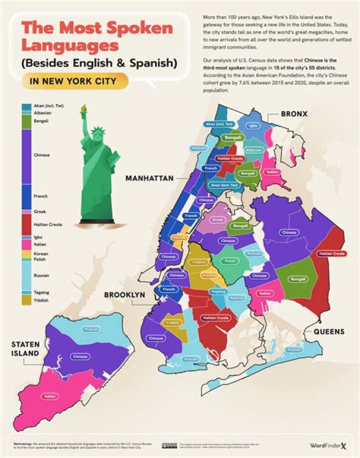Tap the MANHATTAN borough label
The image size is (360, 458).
click(149, 178)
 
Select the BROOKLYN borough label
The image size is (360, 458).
click(124, 295)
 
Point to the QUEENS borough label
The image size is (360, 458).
click(328, 332)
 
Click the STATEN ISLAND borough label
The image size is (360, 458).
click(26, 349)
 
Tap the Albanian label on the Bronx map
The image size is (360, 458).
click(253, 150)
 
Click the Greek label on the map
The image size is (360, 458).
click(217, 219)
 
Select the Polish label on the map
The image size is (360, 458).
click(229, 261)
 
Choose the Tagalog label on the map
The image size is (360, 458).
click(218, 291)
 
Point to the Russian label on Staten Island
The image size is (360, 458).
click(91, 329)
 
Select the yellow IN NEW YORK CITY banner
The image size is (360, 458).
click(74, 80)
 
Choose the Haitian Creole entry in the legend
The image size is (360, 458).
click(48, 225)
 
